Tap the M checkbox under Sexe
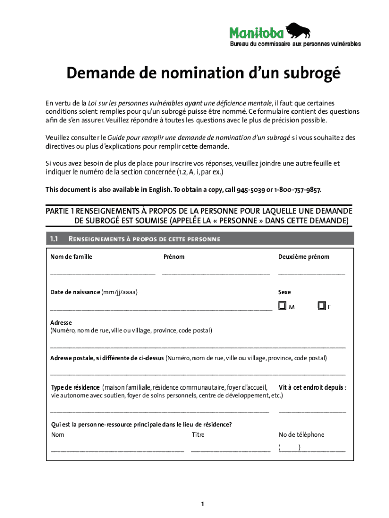(x=282, y=306)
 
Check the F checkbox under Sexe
(x=321, y=306)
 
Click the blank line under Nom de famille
(x=102, y=273)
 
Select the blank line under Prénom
(x=216, y=273)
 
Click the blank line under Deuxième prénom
(x=311, y=273)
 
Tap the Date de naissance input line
(x=161, y=308)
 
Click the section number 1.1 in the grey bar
(x=55, y=239)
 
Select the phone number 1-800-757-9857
(x=298, y=190)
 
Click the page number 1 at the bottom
(x=202, y=504)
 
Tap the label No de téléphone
(x=302, y=435)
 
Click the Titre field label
(x=198, y=435)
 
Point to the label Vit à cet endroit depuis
(x=312, y=387)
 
